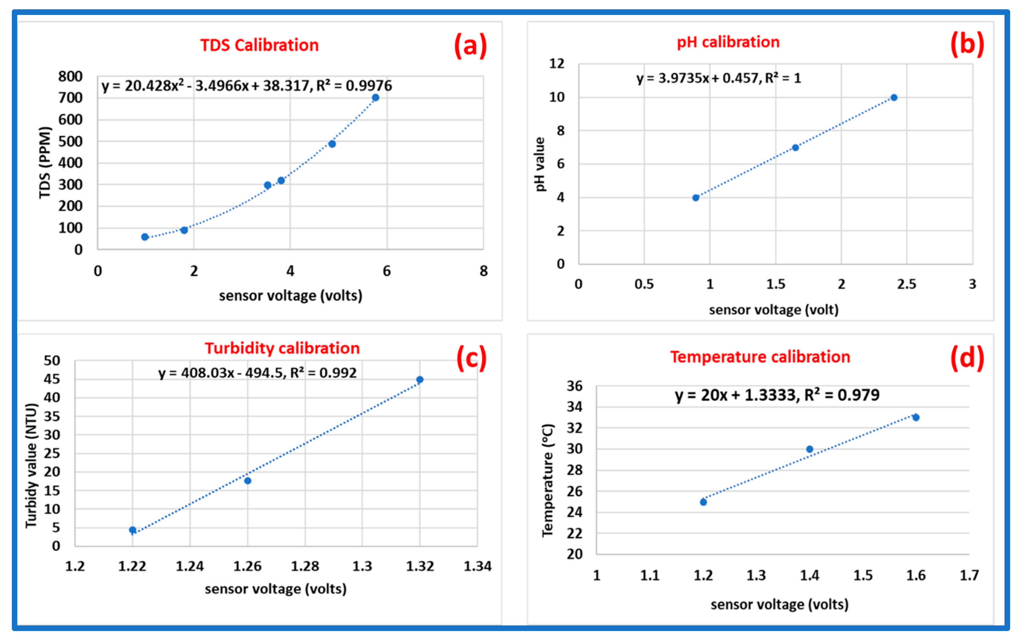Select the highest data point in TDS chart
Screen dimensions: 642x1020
click(x=375, y=98)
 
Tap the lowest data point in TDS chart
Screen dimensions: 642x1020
click(x=145, y=237)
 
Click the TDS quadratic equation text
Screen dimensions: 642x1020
click(x=246, y=86)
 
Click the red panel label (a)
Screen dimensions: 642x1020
click(x=470, y=45)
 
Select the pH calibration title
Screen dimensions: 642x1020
click(x=728, y=42)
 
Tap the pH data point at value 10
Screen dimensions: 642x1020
click(x=894, y=98)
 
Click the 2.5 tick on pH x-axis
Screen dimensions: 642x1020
click(x=906, y=284)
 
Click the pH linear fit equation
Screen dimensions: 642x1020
click(x=719, y=78)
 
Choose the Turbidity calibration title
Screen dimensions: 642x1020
click(x=282, y=348)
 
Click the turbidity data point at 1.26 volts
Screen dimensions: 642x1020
click(x=248, y=481)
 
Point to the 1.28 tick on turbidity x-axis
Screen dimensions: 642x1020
click(x=305, y=566)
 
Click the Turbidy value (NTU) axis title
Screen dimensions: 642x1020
click(x=31, y=465)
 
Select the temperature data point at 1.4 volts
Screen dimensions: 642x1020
click(x=809, y=449)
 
